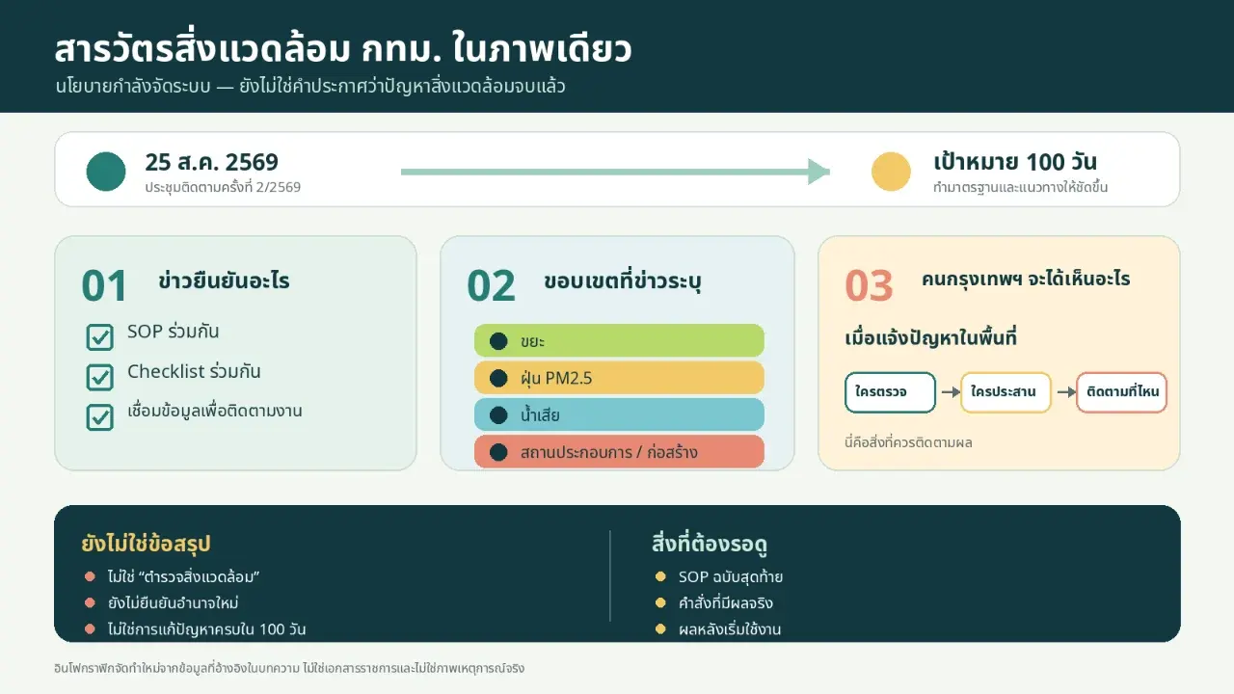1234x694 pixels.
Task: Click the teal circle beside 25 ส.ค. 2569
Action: click(x=106, y=172)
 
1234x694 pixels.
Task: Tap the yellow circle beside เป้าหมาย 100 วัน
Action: click(x=891, y=172)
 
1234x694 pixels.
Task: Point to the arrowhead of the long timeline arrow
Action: click(x=819, y=172)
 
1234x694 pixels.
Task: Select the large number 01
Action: click(x=104, y=285)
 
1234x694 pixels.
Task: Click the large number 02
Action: click(x=491, y=285)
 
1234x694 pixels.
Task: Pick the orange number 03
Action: click(x=869, y=285)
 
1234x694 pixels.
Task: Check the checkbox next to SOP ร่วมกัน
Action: click(x=99, y=337)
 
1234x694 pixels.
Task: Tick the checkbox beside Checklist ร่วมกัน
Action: click(x=99, y=377)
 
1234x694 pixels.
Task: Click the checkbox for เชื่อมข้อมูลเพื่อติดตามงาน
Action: click(x=99, y=417)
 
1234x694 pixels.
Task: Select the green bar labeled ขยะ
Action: click(x=619, y=341)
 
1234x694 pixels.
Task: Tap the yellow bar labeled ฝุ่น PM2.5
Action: click(x=619, y=378)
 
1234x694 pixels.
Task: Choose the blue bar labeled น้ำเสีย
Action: click(x=619, y=414)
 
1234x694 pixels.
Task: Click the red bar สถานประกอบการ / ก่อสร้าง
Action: click(x=619, y=452)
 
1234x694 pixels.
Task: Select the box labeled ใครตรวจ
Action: click(x=890, y=392)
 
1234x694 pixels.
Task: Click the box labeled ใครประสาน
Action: click(x=1006, y=392)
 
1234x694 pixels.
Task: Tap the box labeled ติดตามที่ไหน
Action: click(x=1121, y=392)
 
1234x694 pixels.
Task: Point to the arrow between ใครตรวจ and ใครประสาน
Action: click(x=951, y=392)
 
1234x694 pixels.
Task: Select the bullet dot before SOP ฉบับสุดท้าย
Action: click(x=660, y=576)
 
